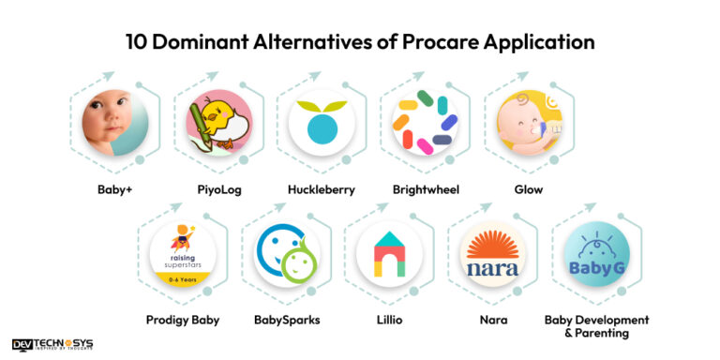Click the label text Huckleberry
click(322, 190)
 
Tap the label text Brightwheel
click(425, 190)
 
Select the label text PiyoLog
click(217, 190)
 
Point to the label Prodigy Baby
click(183, 320)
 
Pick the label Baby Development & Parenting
click(597, 326)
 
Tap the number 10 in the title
click(137, 42)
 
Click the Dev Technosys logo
click(52, 345)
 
